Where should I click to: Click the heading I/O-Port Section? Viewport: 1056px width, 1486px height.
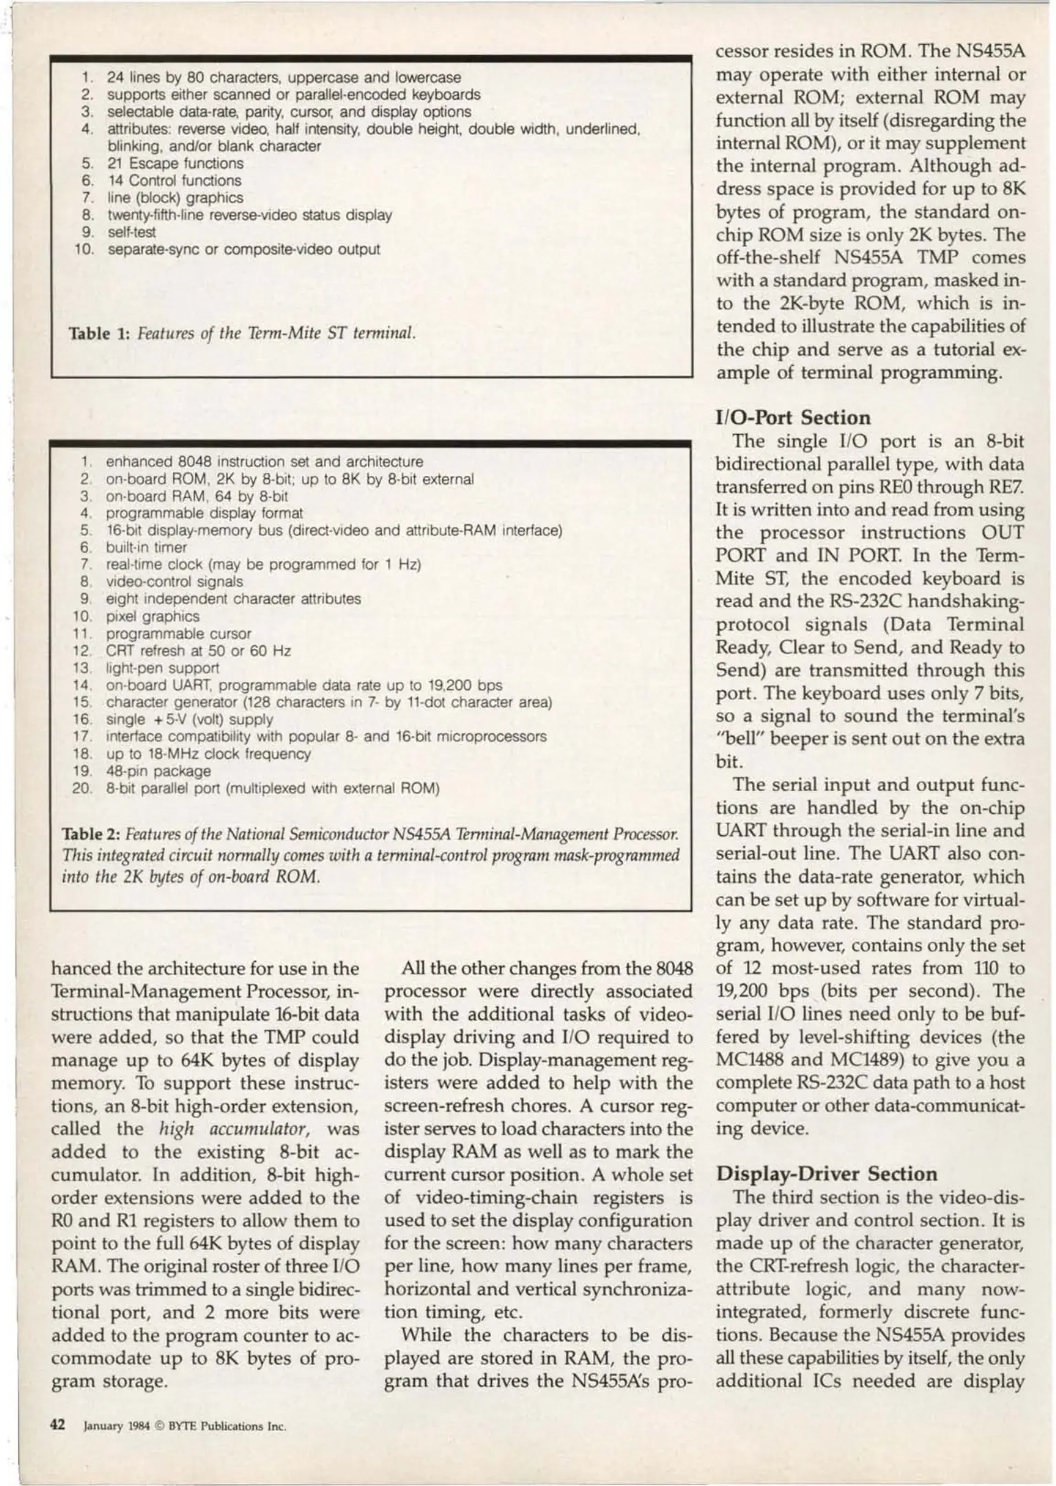coord(793,418)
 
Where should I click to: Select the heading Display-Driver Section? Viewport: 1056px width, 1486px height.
coord(826,1174)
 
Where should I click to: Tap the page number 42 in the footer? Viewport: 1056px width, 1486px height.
coord(57,1424)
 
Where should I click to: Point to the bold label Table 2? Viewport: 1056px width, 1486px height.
coord(91,834)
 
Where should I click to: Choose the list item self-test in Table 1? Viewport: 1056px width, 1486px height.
coord(131,233)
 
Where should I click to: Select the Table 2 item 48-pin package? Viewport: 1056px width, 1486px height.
coord(158,771)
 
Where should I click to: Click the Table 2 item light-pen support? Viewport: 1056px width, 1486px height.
coord(162,668)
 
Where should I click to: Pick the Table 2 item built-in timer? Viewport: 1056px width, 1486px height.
coord(146,548)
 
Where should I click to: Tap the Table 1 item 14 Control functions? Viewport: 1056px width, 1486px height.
coord(174,181)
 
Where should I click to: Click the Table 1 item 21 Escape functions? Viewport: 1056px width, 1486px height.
coord(175,164)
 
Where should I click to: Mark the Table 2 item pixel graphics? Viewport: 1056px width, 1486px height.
coord(152,616)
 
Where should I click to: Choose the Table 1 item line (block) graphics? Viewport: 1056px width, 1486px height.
coord(175,198)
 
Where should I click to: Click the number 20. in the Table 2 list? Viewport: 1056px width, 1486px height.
coord(82,788)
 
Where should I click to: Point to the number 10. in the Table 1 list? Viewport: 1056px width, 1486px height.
coord(84,249)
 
